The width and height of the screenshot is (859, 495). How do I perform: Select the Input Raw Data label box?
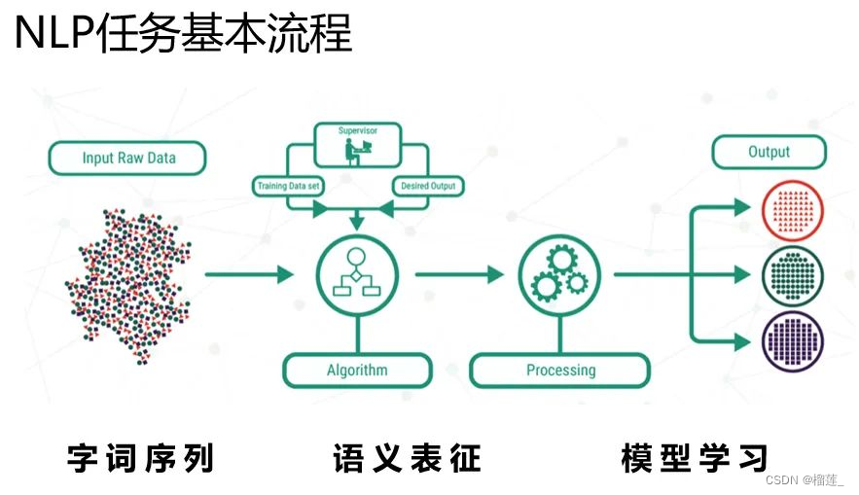pyautogui.click(x=127, y=159)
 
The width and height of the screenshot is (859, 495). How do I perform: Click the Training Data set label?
pyautogui.click(x=289, y=186)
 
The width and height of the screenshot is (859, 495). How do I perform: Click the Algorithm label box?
pyautogui.click(x=356, y=371)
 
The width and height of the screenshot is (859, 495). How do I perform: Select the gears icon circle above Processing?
pyautogui.click(x=558, y=272)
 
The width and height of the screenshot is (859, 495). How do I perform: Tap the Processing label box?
pyautogui.click(x=559, y=371)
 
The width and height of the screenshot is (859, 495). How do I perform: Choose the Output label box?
pyautogui.click(x=769, y=153)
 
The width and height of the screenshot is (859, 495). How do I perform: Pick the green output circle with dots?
pyautogui.click(x=793, y=274)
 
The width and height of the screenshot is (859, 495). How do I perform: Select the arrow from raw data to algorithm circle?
pyautogui.click(x=249, y=275)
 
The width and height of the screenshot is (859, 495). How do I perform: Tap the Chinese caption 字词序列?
pyautogui.click(x=140, y=457)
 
